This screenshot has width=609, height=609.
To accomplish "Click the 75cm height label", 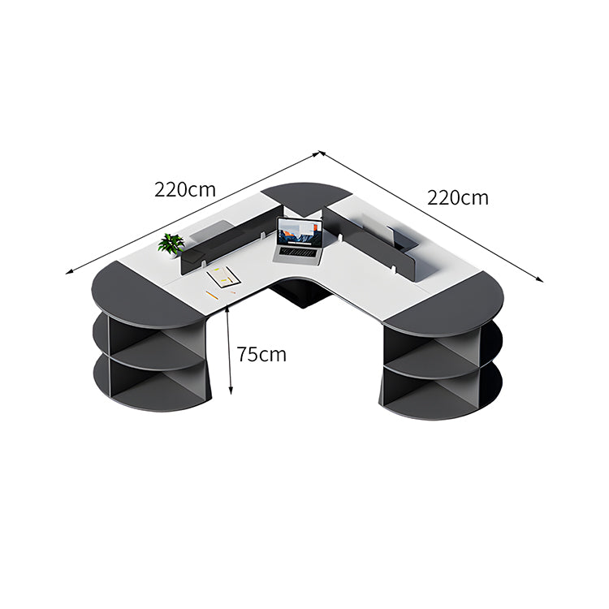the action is [261, 354].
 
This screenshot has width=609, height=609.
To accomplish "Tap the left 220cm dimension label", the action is [185, 189].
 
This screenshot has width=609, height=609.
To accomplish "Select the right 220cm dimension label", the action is [458, 197].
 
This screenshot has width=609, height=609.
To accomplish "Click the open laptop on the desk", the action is [299, 242].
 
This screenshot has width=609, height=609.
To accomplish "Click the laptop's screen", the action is [300, 232].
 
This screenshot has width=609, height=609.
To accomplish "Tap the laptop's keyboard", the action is [298, 253].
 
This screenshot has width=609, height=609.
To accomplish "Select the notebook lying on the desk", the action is [223, 277].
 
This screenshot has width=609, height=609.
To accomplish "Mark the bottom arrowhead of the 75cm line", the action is [231, 391].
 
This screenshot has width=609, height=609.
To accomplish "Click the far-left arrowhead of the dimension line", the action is [69, 272].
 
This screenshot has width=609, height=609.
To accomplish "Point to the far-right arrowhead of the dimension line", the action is [539, 279].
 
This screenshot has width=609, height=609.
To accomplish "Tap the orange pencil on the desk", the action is [212, 296].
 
